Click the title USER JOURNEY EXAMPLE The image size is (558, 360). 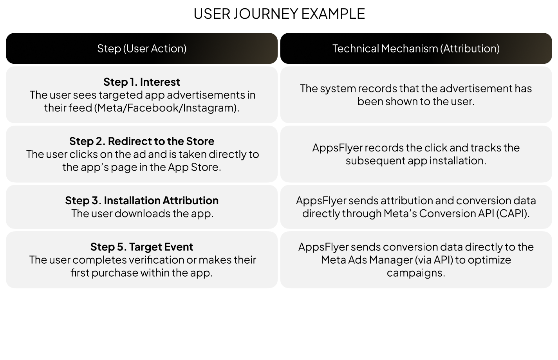[x=279, y=14]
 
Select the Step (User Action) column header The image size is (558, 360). [x=142, y=49]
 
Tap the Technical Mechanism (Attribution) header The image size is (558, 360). [x=416, y=49]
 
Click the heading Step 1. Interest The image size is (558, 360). [x=142, y=82]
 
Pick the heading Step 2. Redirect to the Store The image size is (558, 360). [x=142, y=141]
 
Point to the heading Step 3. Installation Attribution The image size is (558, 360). [x=142, y=200]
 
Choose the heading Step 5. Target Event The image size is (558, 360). [x=142, y=247]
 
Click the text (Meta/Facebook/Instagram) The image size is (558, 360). [x=166, y=108]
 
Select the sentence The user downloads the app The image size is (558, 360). [x=143, y=213]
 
